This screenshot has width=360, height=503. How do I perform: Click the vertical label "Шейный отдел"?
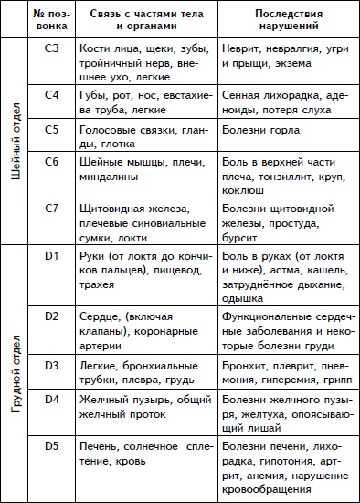tap(15, 142)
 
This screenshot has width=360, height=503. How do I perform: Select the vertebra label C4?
tap(53, 93)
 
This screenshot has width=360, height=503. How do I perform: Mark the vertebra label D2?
tap(53, 315)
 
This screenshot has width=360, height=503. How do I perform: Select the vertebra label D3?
tap(53, 362)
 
